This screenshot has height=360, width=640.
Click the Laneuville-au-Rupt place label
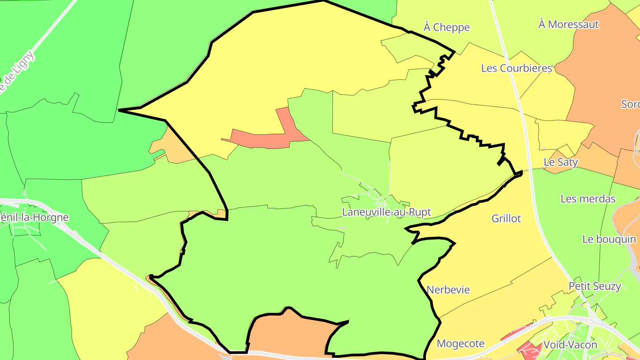point(386,212)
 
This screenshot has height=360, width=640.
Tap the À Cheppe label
point(446,28)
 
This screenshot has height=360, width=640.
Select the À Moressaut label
point(568,24)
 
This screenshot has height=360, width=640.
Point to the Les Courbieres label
point(516,68)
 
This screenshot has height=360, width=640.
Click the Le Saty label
point(561,162)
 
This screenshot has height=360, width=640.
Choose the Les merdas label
point(588,199)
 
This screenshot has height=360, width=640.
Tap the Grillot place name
point(506,219)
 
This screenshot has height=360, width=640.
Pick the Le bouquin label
point(609,239)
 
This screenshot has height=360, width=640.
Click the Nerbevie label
point(448,290)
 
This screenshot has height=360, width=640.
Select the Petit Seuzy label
point(595,286)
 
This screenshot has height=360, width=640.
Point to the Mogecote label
point(460,344)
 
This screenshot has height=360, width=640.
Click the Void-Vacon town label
point(570,344)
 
